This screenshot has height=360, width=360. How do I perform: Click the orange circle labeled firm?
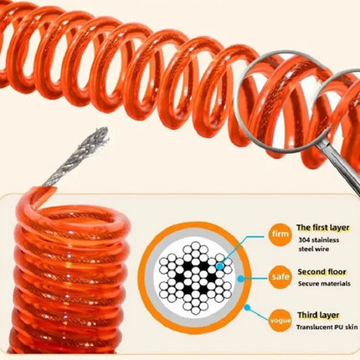280,234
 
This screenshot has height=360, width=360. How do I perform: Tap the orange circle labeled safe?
280,277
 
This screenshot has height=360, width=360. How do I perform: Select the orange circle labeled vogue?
280,321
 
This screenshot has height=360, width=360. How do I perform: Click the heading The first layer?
322,228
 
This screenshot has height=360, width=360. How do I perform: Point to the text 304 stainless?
319,240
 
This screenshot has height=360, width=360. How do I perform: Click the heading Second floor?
321,272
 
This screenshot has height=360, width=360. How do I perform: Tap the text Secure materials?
324,284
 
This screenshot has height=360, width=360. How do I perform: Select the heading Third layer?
318,316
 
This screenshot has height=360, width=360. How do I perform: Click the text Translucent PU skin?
327,327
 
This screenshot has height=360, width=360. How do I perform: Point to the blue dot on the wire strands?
220,266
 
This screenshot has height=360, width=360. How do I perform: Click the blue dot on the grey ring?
240,279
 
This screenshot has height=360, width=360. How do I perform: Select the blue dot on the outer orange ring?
247,307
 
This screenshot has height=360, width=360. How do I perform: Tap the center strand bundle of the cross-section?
196,278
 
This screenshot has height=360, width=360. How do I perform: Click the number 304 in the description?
304,240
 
